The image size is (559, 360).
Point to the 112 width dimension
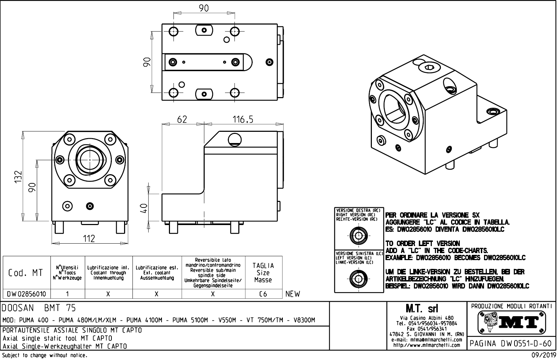click(89, 239)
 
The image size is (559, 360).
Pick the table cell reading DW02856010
click(27, 294)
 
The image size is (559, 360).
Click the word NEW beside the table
click(293, 294)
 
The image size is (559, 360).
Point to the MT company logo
click(511, 322)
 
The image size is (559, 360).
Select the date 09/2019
click(543, 355)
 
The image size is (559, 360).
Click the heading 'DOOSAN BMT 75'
click(39, 308)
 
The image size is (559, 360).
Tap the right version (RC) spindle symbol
click(359, 235)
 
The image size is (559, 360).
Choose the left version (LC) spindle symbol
click(359, 279)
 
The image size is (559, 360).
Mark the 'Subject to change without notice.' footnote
click(45, 355)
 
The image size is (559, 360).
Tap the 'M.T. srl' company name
click(427, 309)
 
